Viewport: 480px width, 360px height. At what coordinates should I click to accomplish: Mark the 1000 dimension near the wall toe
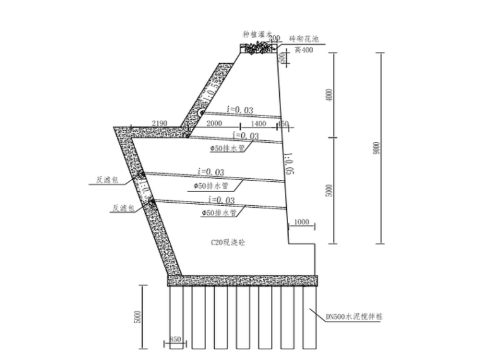click(302, 222)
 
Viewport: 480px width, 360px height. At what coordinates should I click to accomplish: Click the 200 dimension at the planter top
click(274, 39)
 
